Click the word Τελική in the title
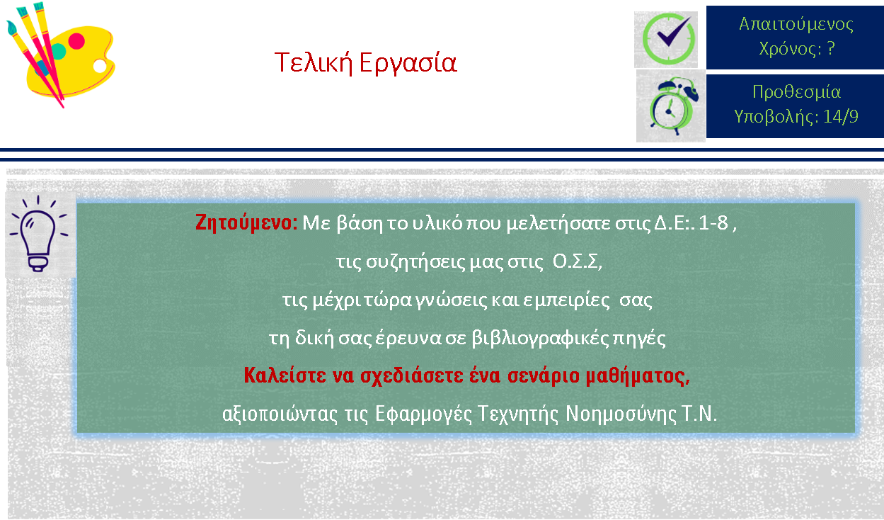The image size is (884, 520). (x=314, y=62)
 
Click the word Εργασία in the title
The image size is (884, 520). (x=408, y=63)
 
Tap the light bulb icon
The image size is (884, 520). (x=39, y=234)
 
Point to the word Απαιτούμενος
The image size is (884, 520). (x=796, y=25)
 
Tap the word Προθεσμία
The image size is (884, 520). (x=797, y=93)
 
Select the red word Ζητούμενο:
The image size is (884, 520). (x=246, y=223)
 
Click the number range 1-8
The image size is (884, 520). (x=713, y=223)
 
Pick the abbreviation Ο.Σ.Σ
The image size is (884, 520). (x=577, y=261)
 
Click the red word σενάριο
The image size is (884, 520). (x=544, y=375)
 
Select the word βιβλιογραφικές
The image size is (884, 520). (x=540, y=338)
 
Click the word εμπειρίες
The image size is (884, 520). (x=566, y=300)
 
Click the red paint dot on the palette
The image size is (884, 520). (x=76, y=41)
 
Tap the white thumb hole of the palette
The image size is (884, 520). (x=100, y=66)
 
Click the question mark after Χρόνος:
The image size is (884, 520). (x=831, y=48)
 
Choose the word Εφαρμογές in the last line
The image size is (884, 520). (x=423, y=414)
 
